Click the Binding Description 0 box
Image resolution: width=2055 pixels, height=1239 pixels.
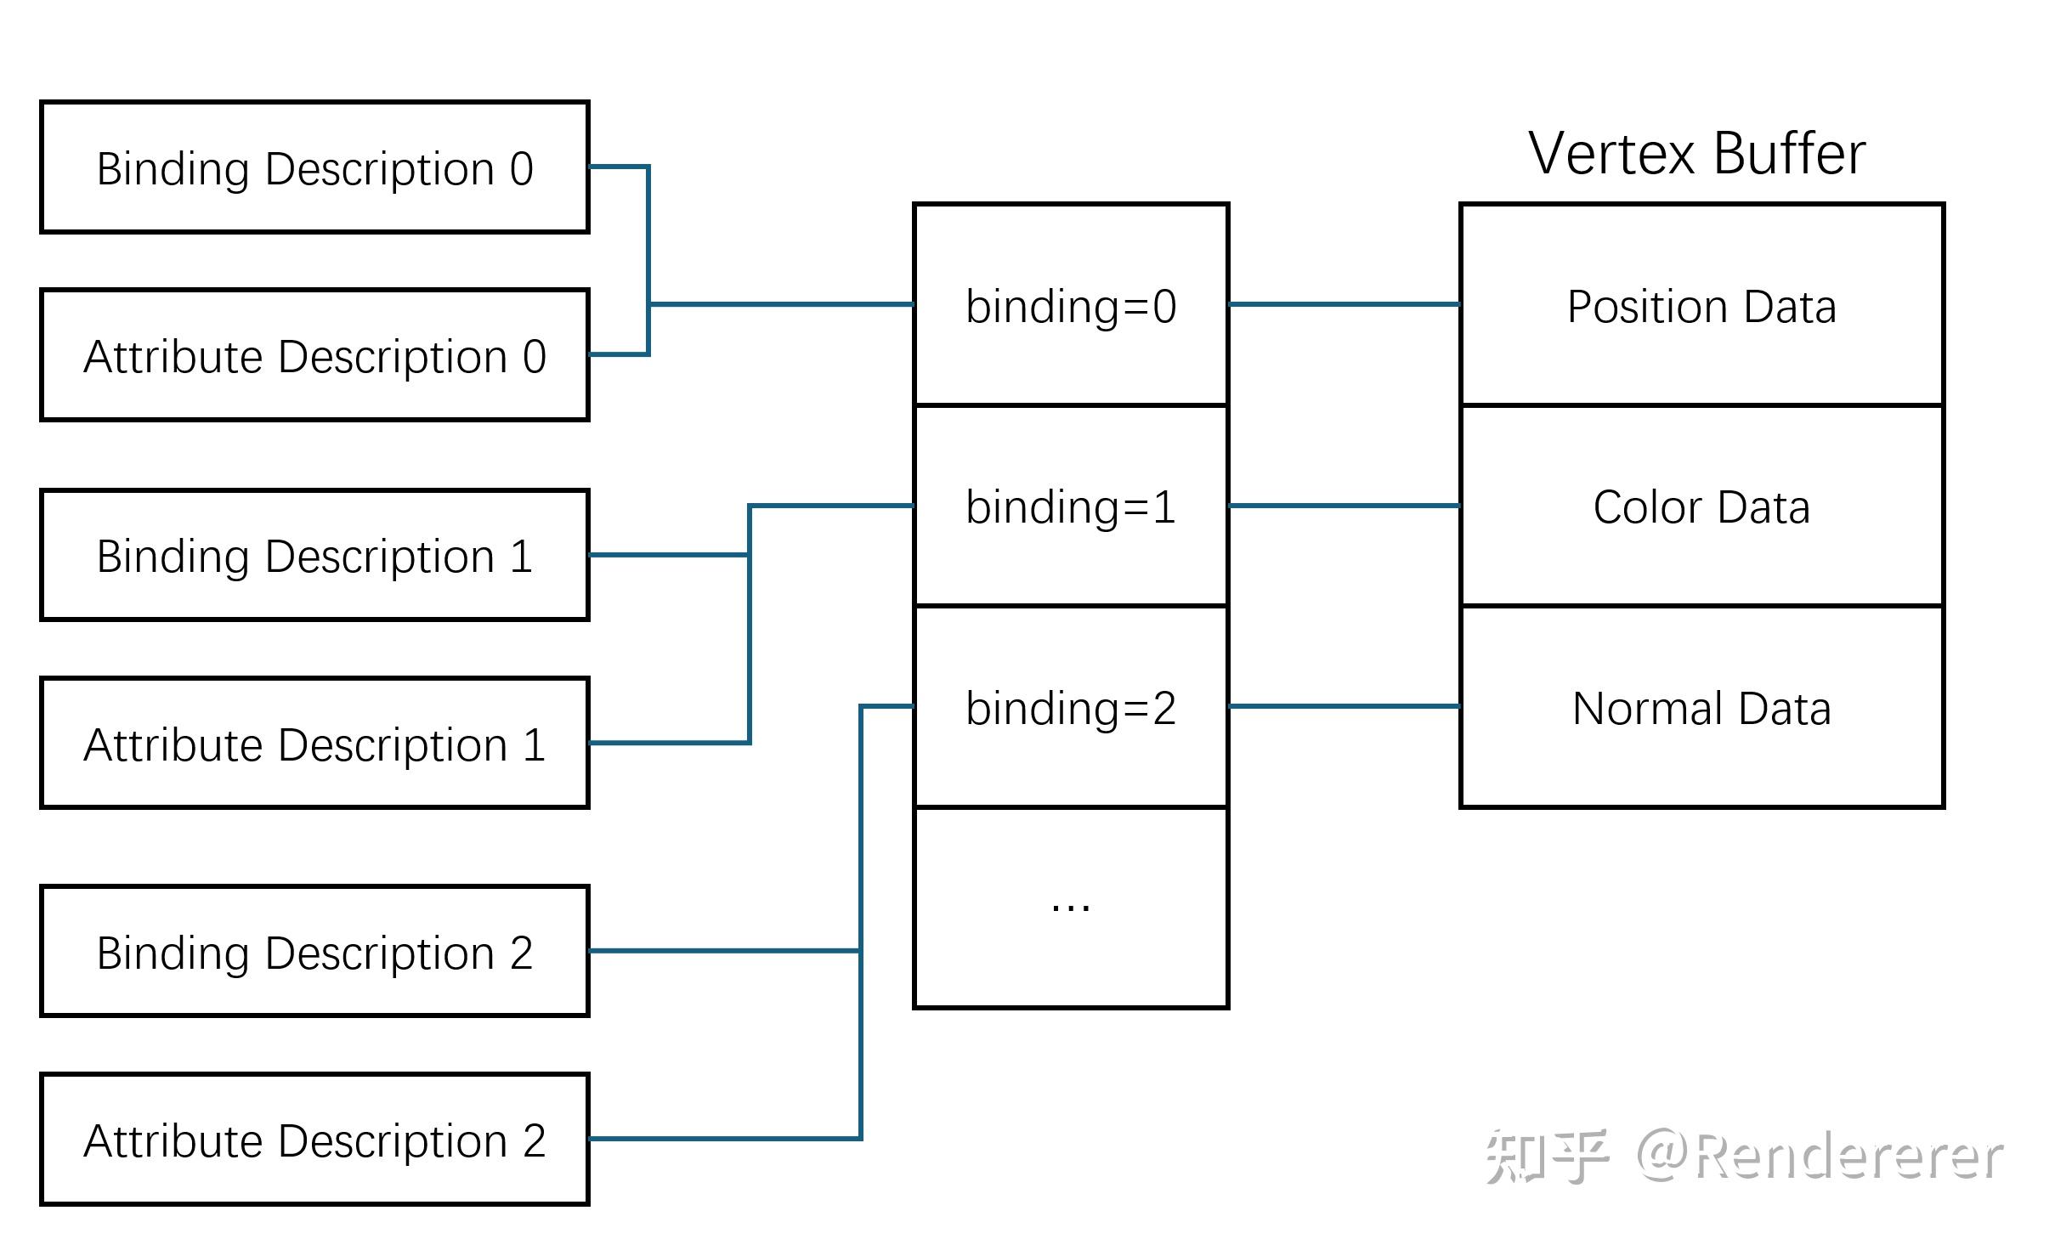click(314, 167)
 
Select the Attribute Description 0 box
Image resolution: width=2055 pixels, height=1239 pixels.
click(314, 355)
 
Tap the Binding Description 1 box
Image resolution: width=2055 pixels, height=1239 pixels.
click(314, 555)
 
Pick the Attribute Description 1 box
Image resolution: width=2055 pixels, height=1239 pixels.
click(314, 744)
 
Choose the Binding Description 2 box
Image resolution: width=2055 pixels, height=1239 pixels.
click(314, 952)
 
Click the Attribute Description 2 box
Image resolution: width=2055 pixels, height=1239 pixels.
click(314, 1140)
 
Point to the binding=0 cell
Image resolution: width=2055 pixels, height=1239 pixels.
click(1071, 305)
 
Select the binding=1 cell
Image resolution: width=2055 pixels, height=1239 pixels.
click(1071, 506)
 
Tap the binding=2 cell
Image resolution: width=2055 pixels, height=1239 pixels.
click(1071, 707)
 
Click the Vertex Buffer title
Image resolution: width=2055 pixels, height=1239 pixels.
click(1696, 154)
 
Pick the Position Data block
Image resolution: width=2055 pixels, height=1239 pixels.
click(1701, 305)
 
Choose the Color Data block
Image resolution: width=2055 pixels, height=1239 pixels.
click(1701, 506)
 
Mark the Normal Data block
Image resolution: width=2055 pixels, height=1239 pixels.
click(1701, 707)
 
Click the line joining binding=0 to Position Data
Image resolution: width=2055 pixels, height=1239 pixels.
click(1345, 303)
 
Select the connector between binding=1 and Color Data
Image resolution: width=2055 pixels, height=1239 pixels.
click(1345, 506)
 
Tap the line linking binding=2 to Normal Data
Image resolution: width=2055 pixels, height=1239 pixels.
click(1345, 706)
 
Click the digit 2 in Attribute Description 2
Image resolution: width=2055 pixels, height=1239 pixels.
click(534, 1140)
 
